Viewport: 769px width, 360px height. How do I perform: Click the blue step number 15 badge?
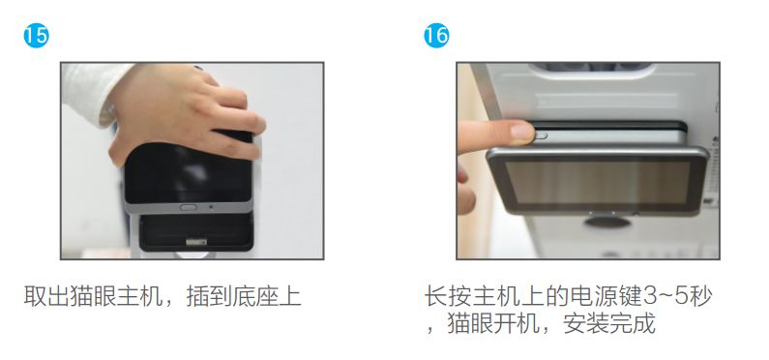point(37,36)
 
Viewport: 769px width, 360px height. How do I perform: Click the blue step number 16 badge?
point(436,36)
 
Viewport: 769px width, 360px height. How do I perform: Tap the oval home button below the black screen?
point(188,207)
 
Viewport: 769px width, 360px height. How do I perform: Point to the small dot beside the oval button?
point(211,207)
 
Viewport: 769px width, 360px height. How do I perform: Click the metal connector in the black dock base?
point(196,242)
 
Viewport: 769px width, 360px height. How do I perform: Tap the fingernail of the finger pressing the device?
point(521,132)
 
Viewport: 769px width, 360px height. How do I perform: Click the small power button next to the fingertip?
point(541,135)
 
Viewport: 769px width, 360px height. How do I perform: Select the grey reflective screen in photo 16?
point(598,183)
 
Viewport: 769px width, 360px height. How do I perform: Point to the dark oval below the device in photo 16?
point(607,223)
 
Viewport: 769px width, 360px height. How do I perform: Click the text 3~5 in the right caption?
point(665,297)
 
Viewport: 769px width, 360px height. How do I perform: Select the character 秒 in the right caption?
point(700,297)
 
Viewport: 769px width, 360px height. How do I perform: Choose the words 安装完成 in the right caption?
point(609,323)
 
